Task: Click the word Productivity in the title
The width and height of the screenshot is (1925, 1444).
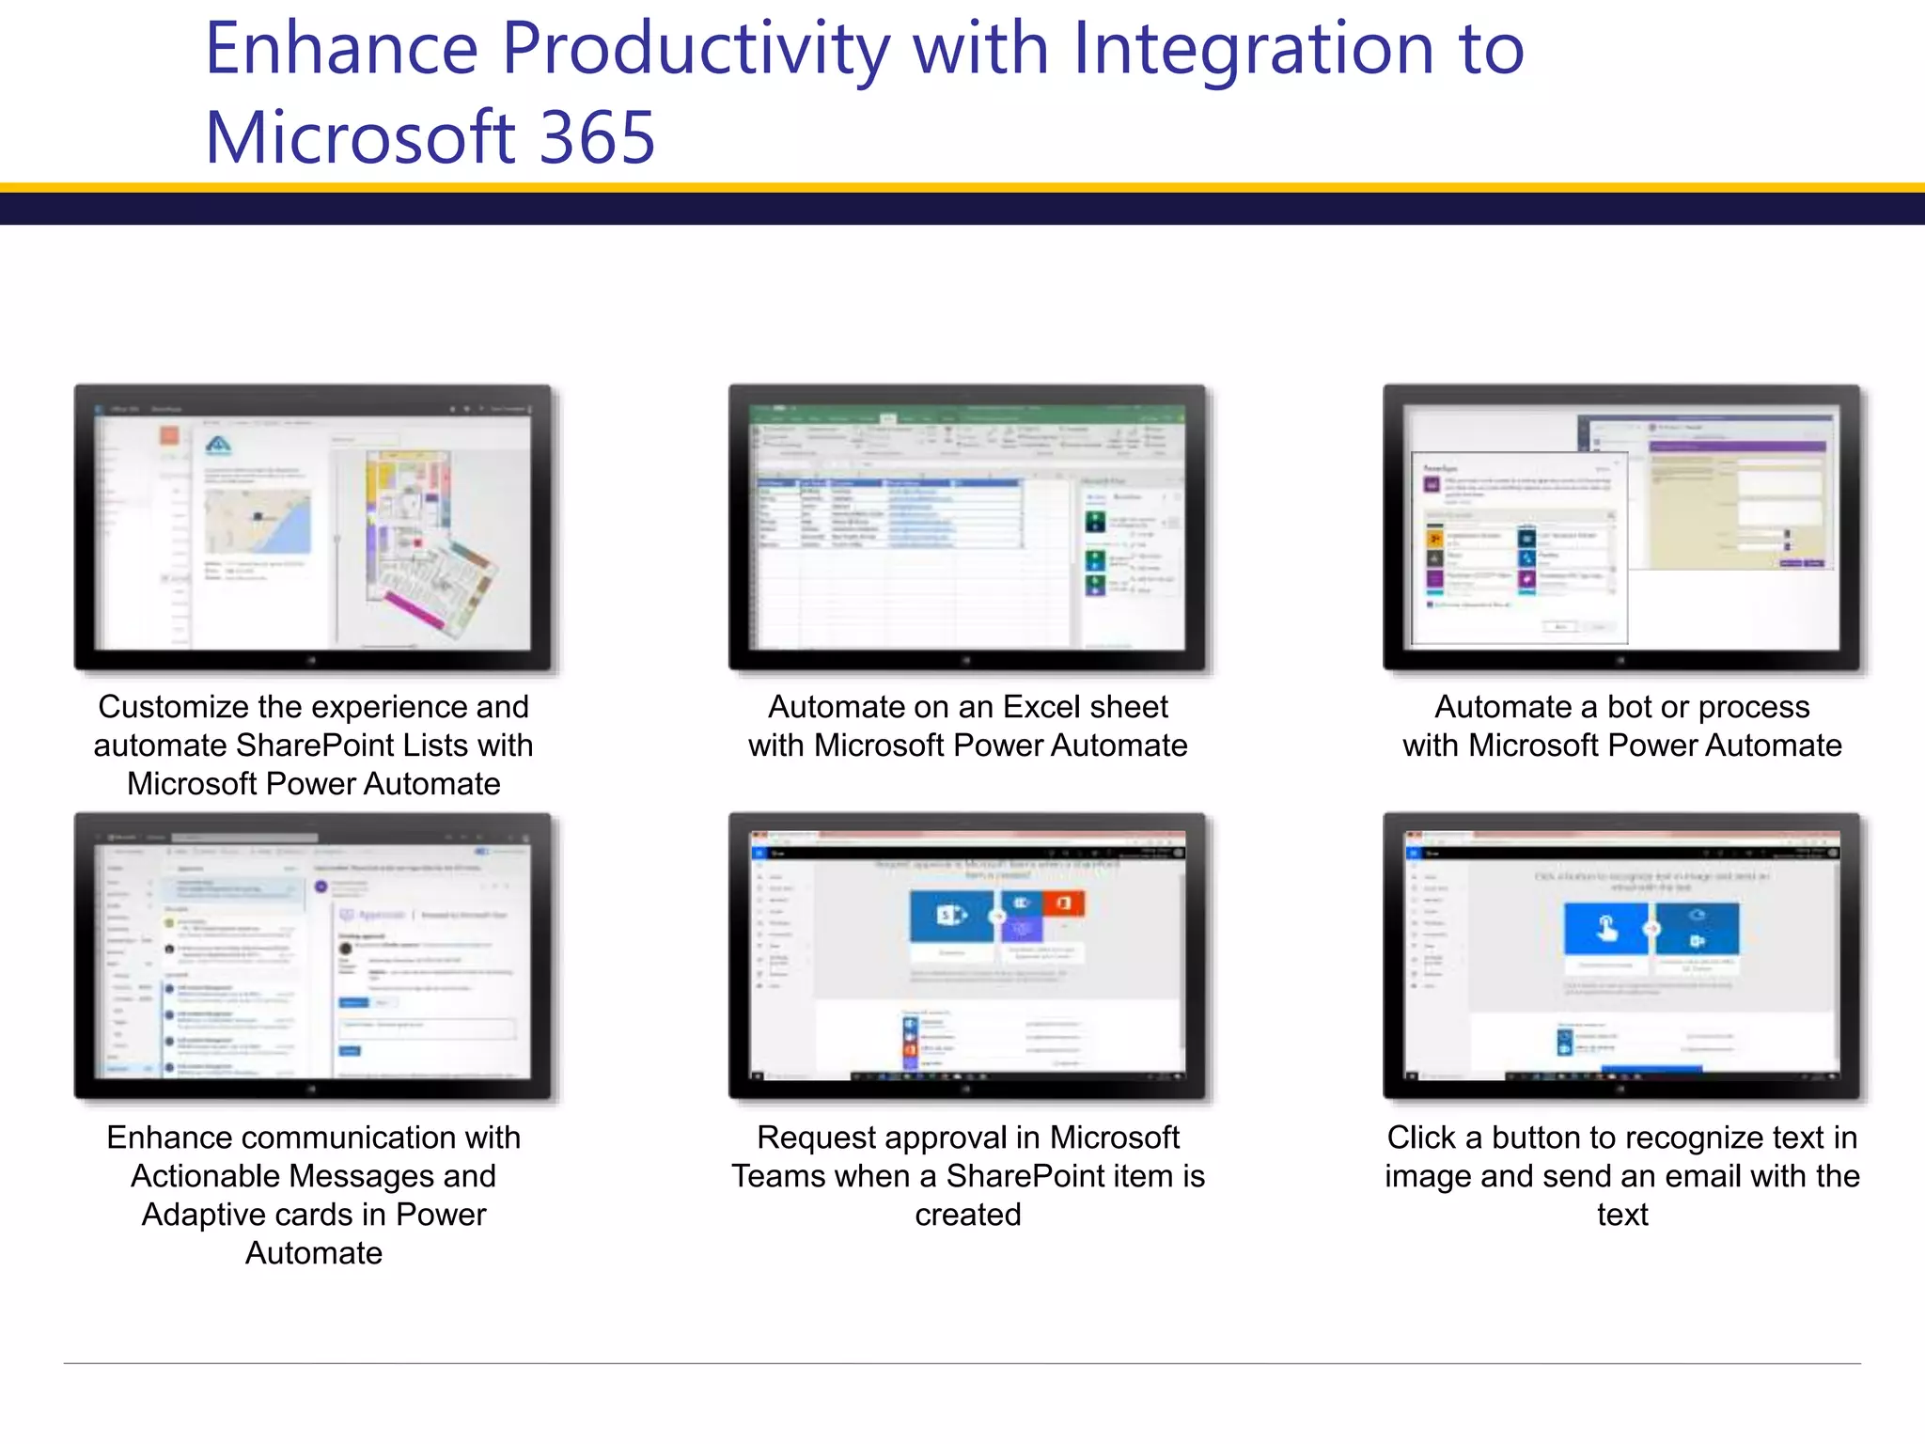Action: [696, 49]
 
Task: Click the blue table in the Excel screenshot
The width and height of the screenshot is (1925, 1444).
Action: [888, 513]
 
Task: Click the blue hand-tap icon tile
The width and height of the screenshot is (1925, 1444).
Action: [1606, 929]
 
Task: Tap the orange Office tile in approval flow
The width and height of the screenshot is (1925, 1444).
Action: [1063, 902]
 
